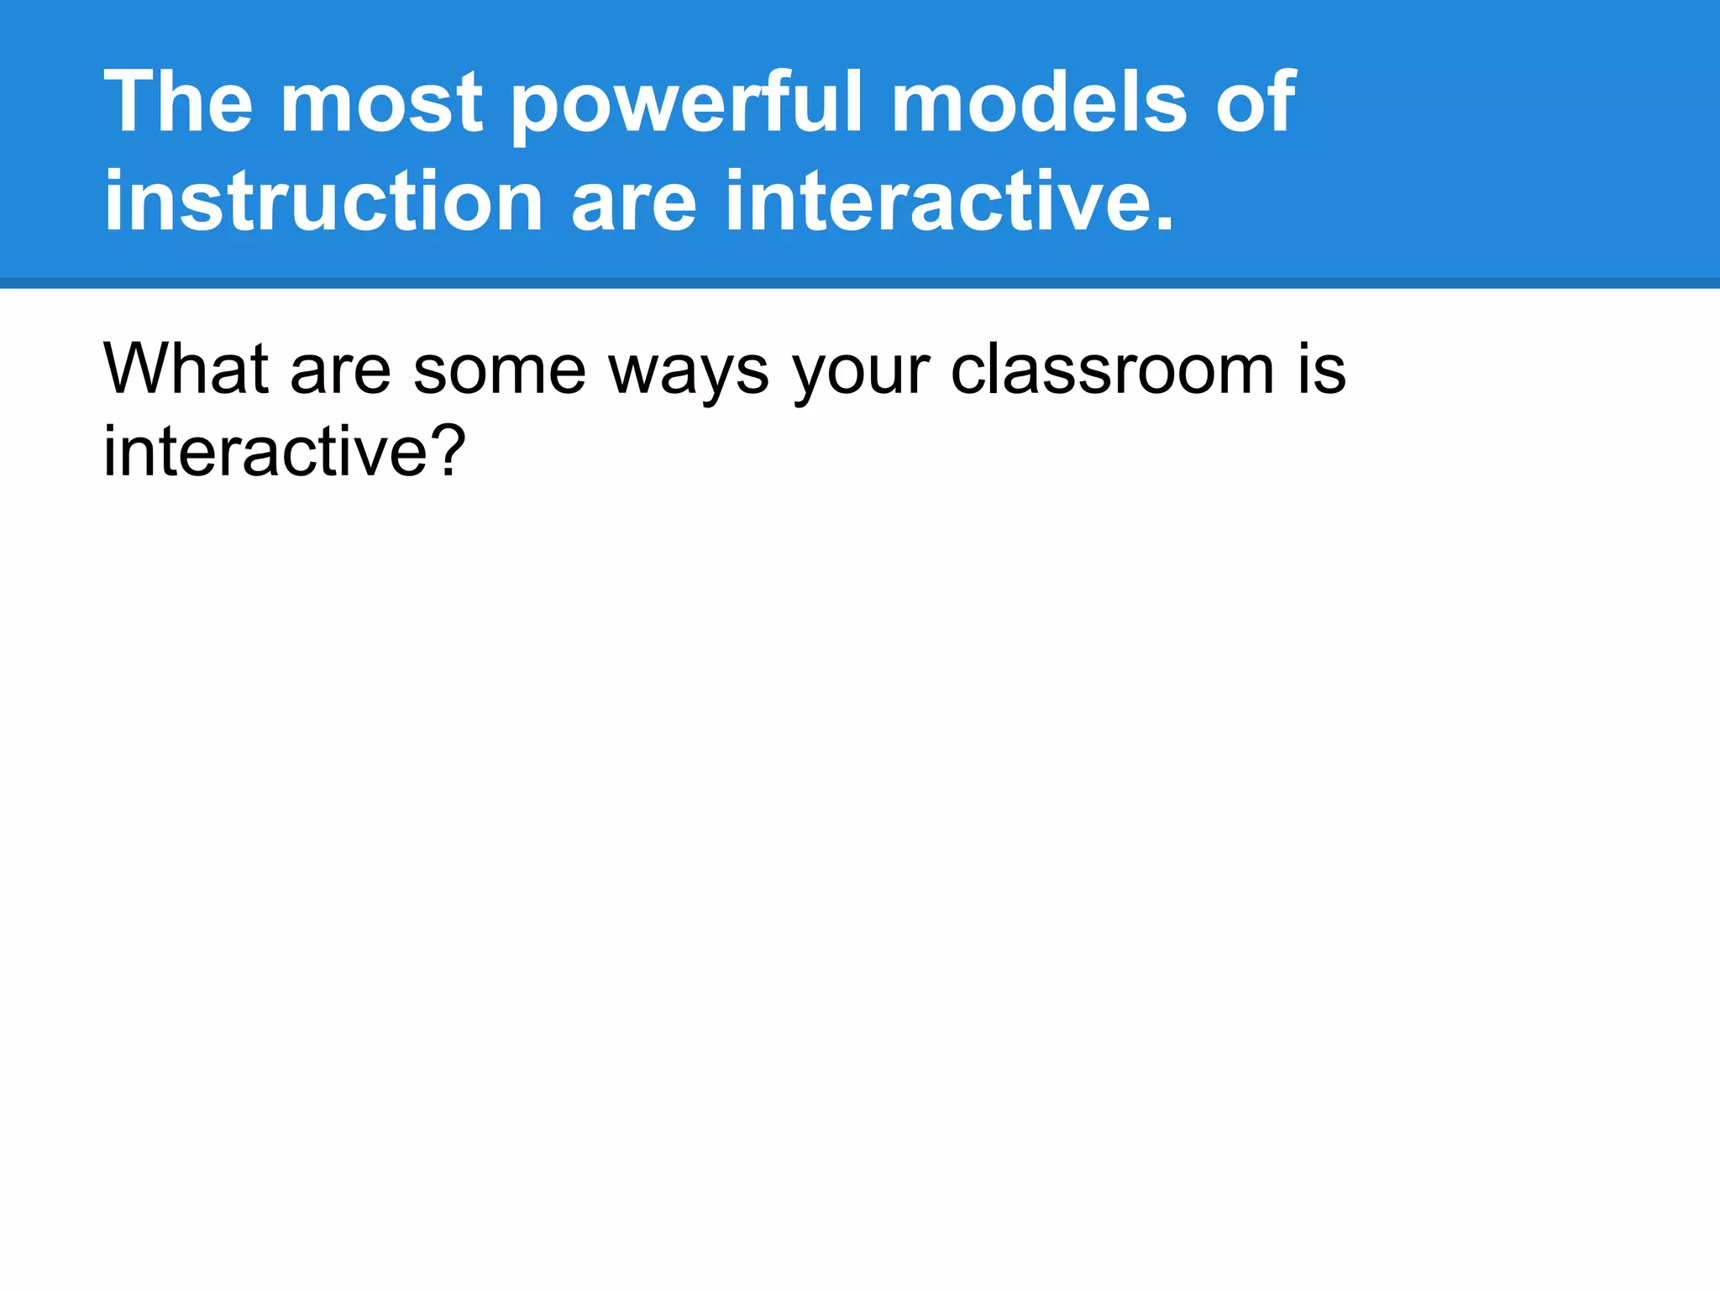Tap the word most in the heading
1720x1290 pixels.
coord(382,104)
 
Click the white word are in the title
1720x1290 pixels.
coord(634,203)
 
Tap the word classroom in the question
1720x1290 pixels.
coord(1113,370)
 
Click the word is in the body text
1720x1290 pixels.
coord(1322,370)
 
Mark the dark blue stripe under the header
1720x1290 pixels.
coord(860,283)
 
